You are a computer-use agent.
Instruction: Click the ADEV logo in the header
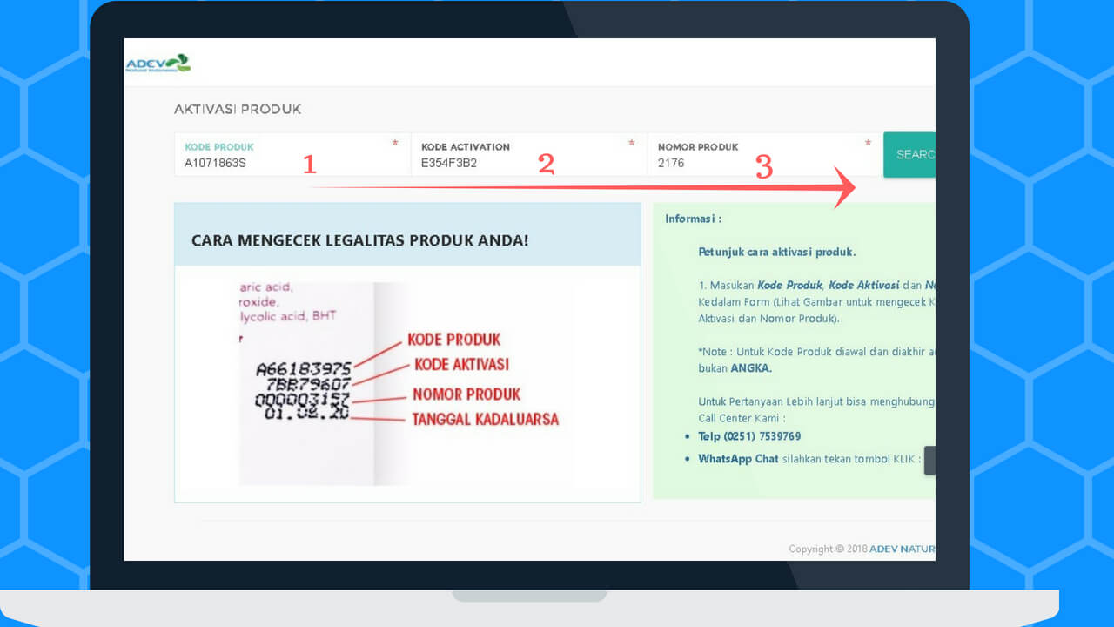[x=158, y=64]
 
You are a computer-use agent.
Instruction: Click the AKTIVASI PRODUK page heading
[x=238, y=110]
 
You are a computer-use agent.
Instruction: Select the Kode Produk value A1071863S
[x=215, y=163]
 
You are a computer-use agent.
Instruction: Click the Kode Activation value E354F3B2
[x=449, y=163]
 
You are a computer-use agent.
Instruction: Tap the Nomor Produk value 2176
[x=671, y=163]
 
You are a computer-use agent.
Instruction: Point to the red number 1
[x=309, y=164]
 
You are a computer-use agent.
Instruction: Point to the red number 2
[x=546, y=164]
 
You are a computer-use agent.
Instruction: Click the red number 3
[x=763, y=166]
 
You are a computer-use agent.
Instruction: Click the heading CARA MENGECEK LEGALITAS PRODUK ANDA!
[x=359, y=239]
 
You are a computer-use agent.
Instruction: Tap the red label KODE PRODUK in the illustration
[x=454, y=340]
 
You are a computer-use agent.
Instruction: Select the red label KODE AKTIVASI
[x=461, y=364]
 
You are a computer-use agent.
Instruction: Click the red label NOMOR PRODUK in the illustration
[x=466, y=394]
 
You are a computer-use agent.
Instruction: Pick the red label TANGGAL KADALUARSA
[x=485, y=419]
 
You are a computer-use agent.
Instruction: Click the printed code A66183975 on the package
[x=303, y=368]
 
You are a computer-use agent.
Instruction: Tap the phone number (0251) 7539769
[x=762, y=436]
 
